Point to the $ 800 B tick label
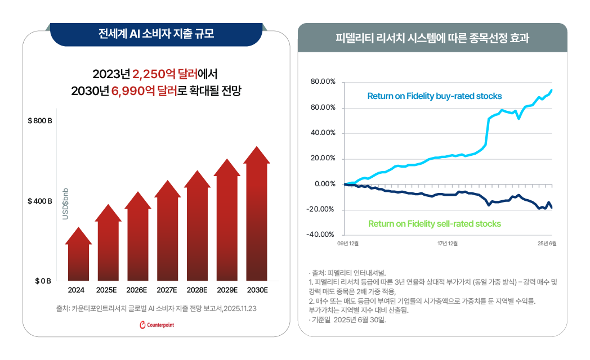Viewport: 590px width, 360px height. pyautogui.click(x=39, y=121)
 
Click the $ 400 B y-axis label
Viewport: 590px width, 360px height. pyautogui.click(x=39, y=201)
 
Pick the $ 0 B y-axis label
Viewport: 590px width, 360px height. pyautogui.click(x=43, y=281)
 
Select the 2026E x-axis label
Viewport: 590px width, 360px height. pyautogui.click(x=137, y=290)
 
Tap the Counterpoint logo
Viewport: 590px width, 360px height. pyautogui.click(x=157, y=325)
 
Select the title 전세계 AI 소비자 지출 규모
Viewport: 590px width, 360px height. pyautogui.click(x=157, y=34)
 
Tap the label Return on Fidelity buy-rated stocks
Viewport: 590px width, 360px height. pyautogui.click(x=434, y=96)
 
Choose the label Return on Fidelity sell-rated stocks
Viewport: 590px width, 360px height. pyautogui.click(x=434, y=224)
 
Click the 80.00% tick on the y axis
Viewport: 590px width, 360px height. pyautogui.click(x=323, y=82)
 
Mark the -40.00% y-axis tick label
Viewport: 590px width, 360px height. pyautogui.click(x=321, y=235)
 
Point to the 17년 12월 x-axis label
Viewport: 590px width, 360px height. pyautogui.click(x=448, y=244)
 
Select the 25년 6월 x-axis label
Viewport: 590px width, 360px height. pyautogui.click(x=546, y=244)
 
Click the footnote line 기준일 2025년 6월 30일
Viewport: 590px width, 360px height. pyautogui.click(x=350, y=319)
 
